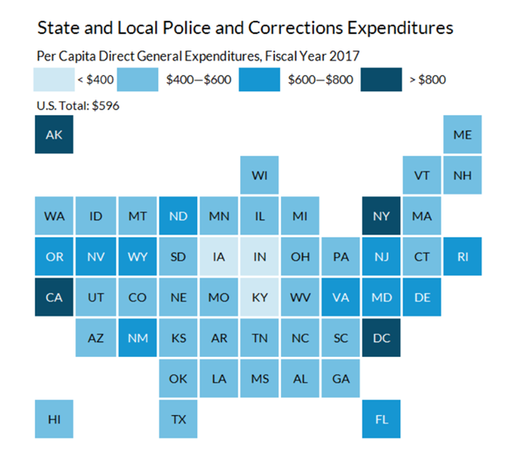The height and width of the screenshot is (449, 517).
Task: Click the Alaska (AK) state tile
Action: [x=54, y=135]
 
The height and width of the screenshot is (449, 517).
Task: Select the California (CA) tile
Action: [x=54, y=297]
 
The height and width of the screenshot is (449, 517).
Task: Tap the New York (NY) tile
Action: [x=381, y=216]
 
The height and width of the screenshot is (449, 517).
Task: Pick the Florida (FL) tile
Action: [x=381, y=419]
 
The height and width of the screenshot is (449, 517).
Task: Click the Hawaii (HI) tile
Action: [x=54, y=419]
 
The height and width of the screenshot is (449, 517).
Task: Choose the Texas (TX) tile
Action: [x=177, y=419]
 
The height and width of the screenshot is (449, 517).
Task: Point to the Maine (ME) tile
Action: [x=462, y=135]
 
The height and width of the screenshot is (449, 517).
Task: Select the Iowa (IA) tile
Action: [x=218, y=257]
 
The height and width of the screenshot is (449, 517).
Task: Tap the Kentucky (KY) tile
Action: [x=259, y=297]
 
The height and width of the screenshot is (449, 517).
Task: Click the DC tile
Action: [x=381, y=338]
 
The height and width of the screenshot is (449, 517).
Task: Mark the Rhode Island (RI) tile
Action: [x=462, y=257]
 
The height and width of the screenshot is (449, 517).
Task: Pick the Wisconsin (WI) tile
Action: [x=259, y=176]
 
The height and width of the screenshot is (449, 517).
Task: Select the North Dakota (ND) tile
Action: [x=177, y=216]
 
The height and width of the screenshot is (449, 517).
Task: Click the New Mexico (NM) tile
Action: [x=137, y=338]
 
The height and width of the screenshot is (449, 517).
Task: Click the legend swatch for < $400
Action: [x=52, y=80]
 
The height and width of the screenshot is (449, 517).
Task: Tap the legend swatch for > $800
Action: [x=380, y=80]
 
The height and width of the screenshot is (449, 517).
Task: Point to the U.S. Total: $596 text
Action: [x=79, y=106]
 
